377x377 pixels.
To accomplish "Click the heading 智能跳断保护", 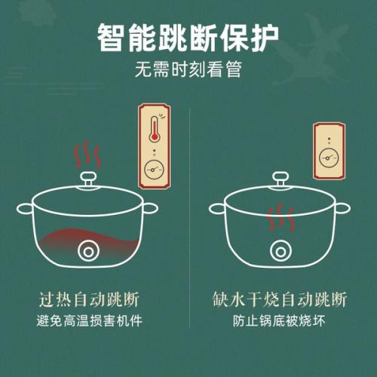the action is [188, 38].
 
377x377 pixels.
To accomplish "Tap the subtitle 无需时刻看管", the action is [188, 69].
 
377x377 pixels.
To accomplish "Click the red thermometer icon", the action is [155, 129].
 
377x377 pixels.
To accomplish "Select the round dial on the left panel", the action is [154, 170].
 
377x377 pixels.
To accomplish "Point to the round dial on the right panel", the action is [329, 158].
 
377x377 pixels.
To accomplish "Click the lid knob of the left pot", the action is [88, 179].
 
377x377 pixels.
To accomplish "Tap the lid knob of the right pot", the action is [280, 179].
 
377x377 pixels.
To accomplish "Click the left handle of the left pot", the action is [25, 209].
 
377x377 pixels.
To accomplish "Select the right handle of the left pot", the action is [151, 209].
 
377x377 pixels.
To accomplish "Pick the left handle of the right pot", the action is [217, 209].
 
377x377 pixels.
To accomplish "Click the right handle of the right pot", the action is [342, 209].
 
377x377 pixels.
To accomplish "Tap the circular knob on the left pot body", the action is [88, 251].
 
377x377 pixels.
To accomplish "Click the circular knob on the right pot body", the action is [280, 251].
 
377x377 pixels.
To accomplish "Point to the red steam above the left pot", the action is [87, 155].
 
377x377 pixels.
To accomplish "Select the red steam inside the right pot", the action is [280, 218].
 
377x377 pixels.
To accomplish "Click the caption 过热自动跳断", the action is [89, 299].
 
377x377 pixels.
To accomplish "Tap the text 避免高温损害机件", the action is [89, 321].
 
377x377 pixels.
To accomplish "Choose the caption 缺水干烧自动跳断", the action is [279, 299].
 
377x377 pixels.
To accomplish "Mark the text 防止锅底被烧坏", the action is [279, 321].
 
